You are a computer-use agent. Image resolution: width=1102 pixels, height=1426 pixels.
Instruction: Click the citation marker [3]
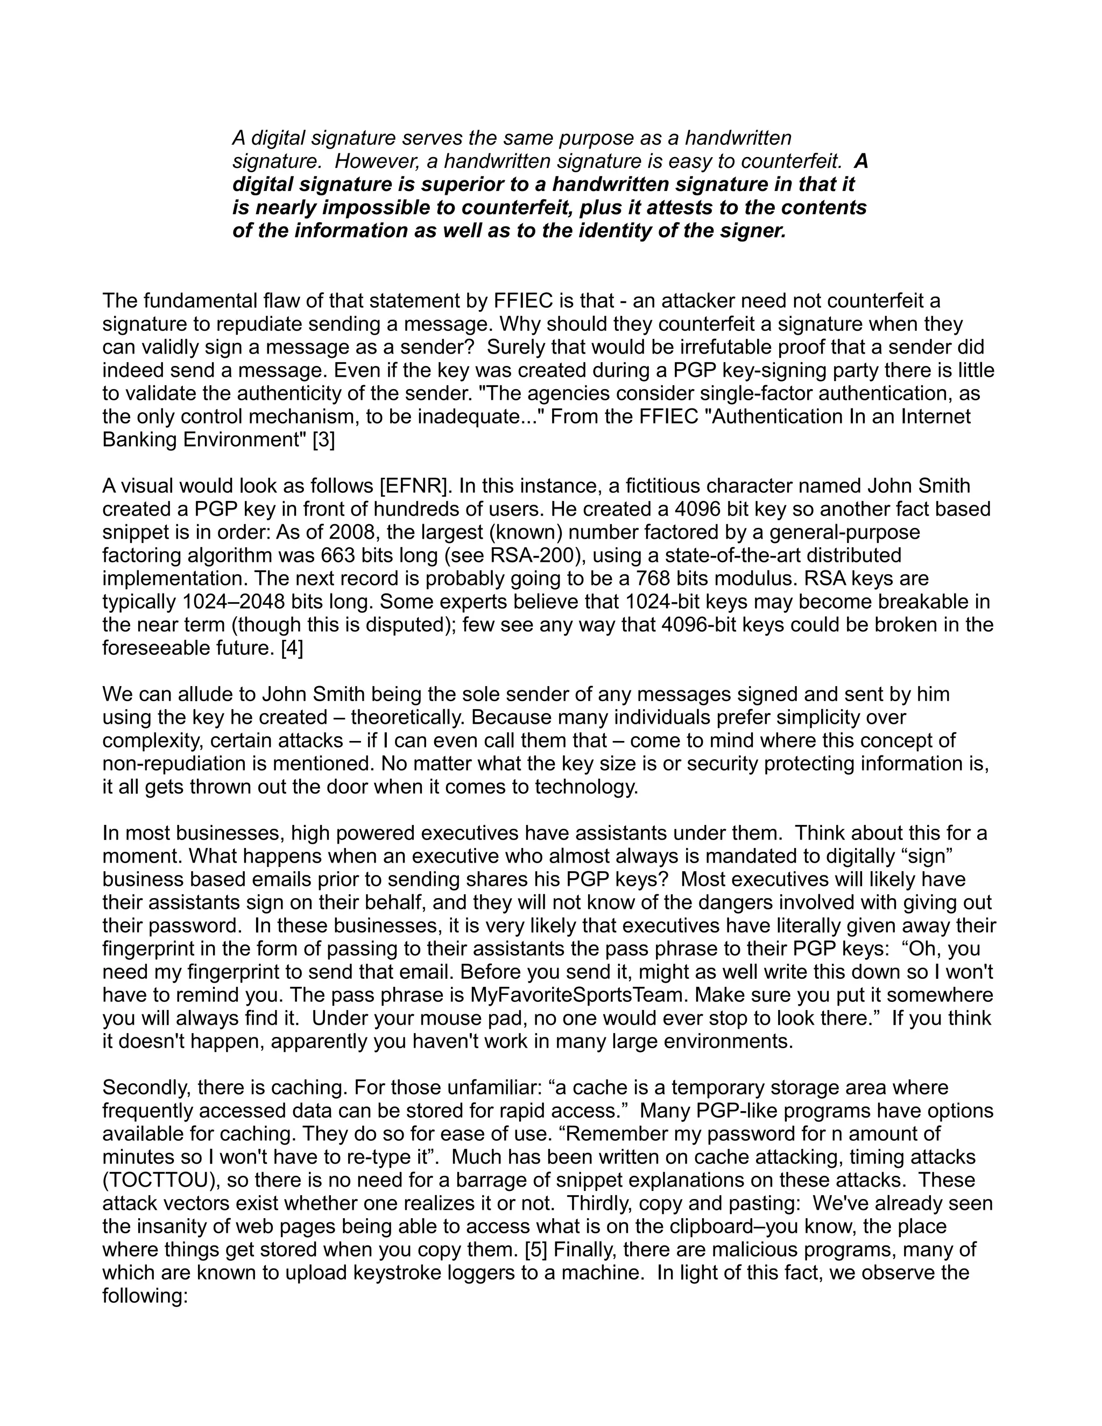pos(324,440)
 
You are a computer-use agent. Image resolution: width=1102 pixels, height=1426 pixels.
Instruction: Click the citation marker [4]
pos(292,648)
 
